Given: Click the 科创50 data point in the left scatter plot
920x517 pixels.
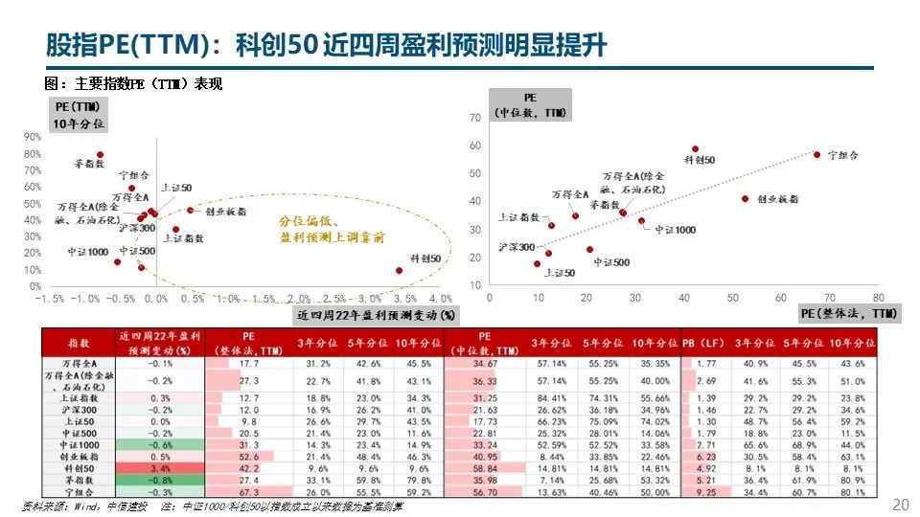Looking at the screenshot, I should point(400,271).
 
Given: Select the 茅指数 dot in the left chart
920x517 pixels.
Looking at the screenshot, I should point(100,154).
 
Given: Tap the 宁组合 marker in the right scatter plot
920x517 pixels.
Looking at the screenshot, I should point(816,154).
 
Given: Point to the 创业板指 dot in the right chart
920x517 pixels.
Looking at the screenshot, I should point(745,198).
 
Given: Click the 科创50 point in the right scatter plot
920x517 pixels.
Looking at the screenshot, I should point(695,149).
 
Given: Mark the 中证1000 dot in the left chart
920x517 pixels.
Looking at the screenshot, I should point(117,261).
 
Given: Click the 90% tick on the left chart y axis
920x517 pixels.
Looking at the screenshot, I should point(34,137).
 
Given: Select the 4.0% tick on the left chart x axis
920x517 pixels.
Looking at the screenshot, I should point(440,299).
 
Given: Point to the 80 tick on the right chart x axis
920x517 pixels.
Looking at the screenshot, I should point(878,298).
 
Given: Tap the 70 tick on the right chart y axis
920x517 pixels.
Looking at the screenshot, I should point(474,118).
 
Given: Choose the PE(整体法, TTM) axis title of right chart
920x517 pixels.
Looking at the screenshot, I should point(848,314).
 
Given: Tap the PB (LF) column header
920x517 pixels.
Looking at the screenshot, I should point(706,341).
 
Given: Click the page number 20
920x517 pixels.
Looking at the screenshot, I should point(900,505).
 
